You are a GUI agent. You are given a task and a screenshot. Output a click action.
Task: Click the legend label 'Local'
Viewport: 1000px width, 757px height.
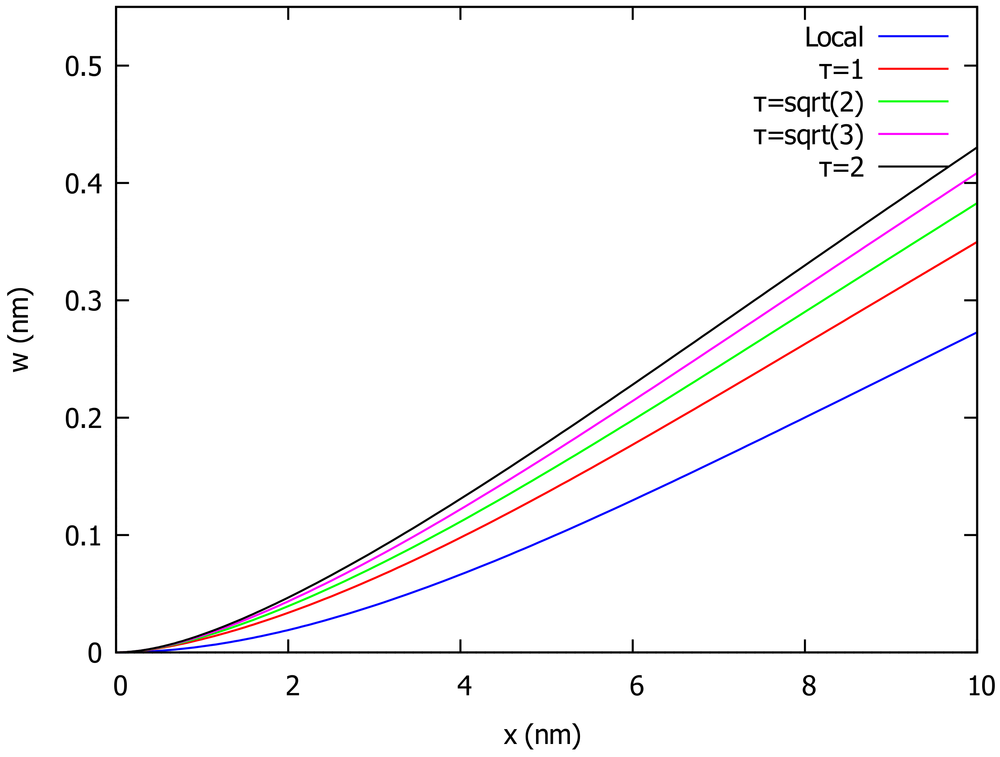834,37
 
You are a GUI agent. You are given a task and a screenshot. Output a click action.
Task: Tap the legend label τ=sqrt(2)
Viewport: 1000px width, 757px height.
808,103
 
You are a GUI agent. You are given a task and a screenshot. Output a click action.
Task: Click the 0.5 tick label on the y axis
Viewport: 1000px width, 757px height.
83,67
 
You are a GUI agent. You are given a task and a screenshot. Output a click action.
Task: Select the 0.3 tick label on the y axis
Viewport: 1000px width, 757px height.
83,302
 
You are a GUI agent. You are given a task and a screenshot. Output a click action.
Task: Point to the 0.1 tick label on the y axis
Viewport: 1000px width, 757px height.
83,537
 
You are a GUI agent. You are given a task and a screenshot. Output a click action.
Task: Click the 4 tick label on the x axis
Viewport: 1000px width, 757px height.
464,686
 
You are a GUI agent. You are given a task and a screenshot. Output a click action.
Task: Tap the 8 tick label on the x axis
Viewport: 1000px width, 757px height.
809,686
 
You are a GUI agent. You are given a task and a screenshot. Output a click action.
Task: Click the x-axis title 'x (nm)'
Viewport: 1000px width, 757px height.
542,734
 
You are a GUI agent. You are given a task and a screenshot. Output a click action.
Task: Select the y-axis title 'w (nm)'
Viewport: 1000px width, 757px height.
20,329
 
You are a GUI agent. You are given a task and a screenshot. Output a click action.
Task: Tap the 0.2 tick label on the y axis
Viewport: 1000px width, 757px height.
83,419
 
